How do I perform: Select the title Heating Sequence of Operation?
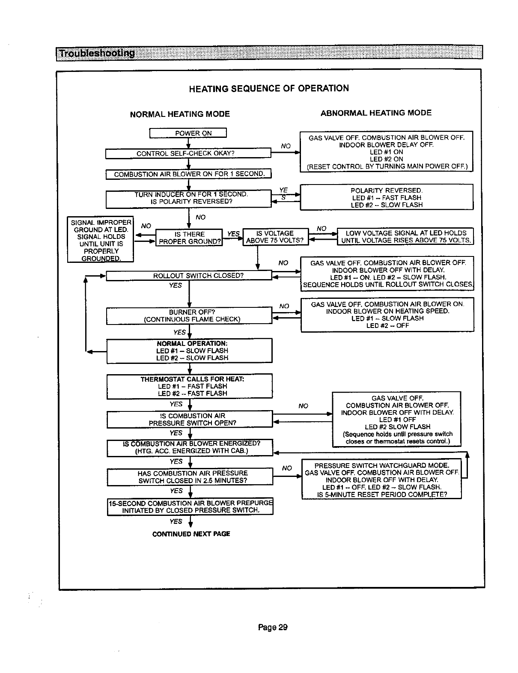tap(269, 88)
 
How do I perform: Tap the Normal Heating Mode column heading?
tap(180, 114)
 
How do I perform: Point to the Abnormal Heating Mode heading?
tap(376, 113)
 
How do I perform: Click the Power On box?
tap(188, 133)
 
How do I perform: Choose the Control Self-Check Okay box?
tap(188, 153)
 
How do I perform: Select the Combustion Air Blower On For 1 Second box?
tap(188, 174)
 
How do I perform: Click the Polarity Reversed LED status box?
tap(387, 197)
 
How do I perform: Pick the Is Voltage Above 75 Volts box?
tap(275, 237)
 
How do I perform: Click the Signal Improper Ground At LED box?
tap(101, 240)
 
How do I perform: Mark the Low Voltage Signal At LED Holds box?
tap(405, 236)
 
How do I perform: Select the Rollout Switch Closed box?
tap(189, 275)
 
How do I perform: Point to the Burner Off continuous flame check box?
tap(189, 316)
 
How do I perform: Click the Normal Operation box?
tap(189, 351)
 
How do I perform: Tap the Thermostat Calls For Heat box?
tap(189, 386)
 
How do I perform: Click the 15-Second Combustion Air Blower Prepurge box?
tap(190, 506)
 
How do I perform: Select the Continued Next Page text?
tap(191, 534)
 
